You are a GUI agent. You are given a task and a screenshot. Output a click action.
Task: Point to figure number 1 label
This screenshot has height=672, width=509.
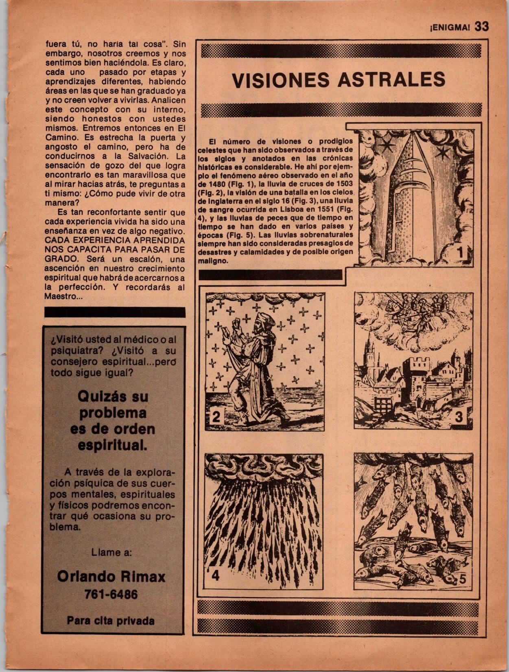460,253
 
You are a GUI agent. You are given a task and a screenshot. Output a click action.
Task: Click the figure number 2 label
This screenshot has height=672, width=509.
216,417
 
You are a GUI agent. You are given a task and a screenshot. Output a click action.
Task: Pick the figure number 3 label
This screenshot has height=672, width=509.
459,417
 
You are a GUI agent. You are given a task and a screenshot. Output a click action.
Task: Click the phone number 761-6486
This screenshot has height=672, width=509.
111,595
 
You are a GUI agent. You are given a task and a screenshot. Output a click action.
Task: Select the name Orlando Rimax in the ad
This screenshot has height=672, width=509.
111,576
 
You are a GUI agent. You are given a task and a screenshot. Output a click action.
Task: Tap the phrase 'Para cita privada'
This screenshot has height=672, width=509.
111,621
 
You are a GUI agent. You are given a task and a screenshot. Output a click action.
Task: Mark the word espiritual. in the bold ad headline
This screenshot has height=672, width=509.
112,445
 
